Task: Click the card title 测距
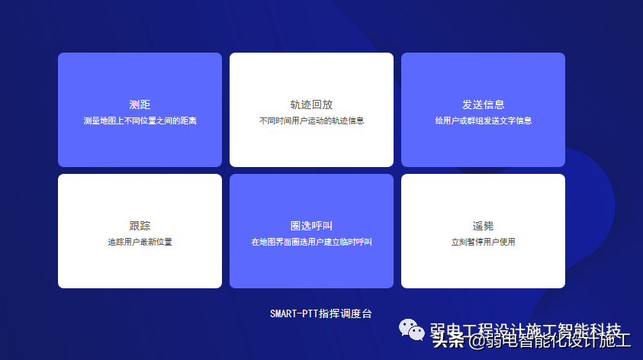pyautogui.click(x=140, y=104)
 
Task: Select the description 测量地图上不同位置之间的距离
pyautogui.click(x=140, y=121)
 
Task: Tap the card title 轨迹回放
pyautogui.click(x=311, y=104)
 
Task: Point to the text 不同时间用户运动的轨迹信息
pyautogui.click(x=311, y=121)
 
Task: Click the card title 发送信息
pyautogui.click(x=483, y=104)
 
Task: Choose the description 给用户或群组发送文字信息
pyautogui.click(x=483, y=121)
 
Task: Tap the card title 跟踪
pyautogui.click(x=140, y=226)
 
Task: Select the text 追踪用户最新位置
pyautogui.click(x=140, y=242)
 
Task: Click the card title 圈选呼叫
pyautogui.click(x=311, y=226)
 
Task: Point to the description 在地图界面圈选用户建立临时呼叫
pyautogui.click(x=311, y=242)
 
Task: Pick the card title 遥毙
pyautogui.click(x=483, y=226)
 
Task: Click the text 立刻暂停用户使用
pyautogui.click(x=483, y=242)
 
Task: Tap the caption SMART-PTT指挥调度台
pyautogui.click(x=320, y=313)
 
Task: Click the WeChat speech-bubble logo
pyautogui.click(x=412, y=329)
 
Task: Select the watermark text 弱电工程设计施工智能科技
pyautogui.click(x=526, y=329)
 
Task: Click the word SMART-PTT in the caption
pyautogui.click(x=294, y=313)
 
